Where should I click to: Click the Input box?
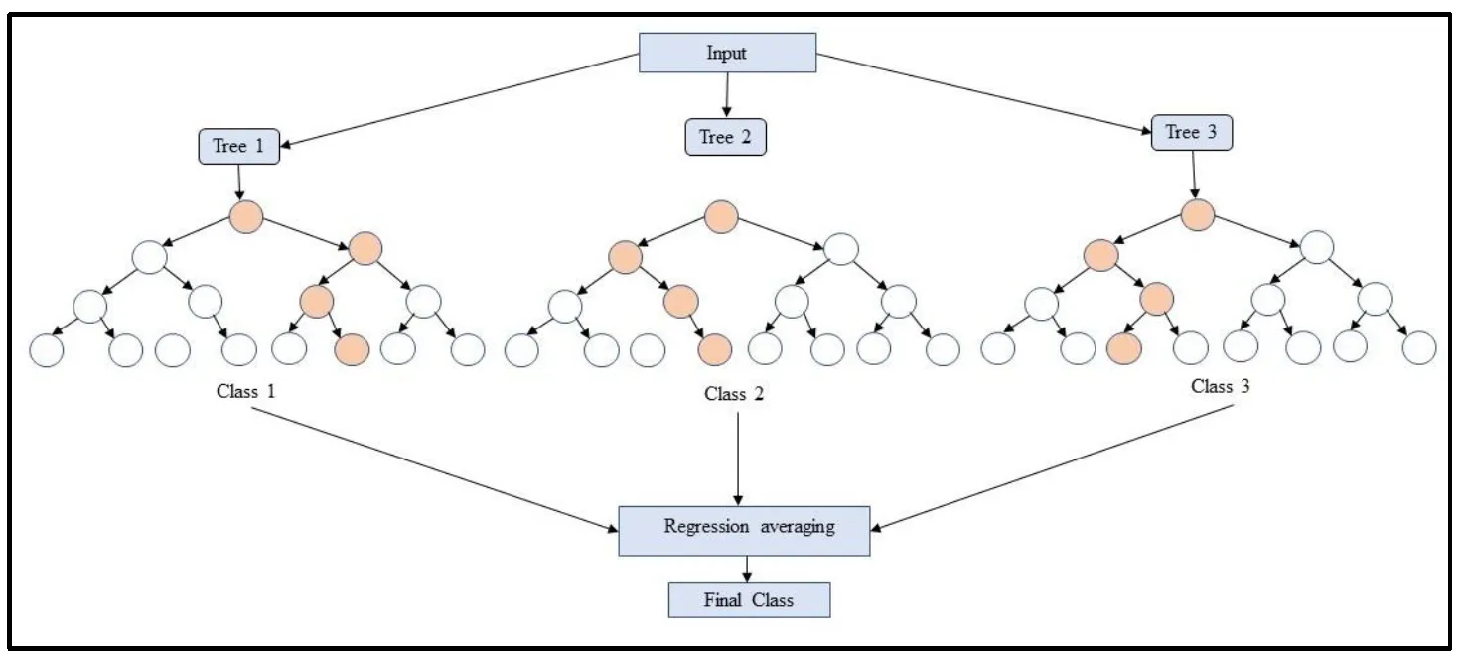coord(727,53)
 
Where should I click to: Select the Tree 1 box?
coord(238,147)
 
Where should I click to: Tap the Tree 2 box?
coord(725,137)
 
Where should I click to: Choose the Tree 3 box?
coord(1191,133)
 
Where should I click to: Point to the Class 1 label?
coord(245,391)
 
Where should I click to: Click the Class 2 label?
coord(734,394)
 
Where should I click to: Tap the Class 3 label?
coord(1221,387)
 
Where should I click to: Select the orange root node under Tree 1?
coord(245,216)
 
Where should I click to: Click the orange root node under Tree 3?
coord(1198,215)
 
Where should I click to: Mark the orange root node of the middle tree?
coord(722,216)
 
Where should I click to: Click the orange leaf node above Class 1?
coord(352,348)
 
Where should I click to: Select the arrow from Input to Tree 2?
coord(727,94)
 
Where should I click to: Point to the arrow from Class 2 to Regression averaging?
coord(738,457)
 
